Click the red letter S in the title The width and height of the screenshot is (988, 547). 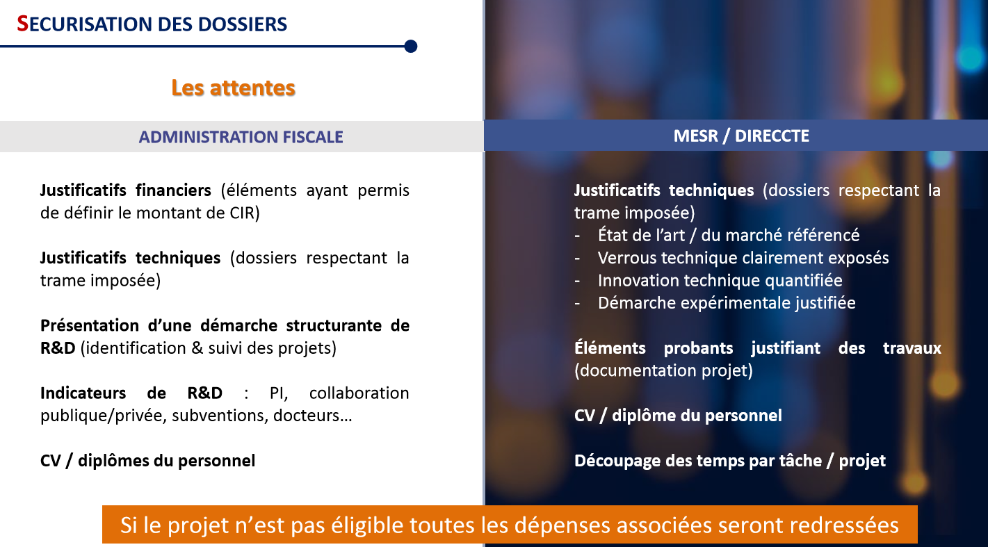(x=22, y=24)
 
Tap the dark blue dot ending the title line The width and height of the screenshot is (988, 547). (x=411, y=47)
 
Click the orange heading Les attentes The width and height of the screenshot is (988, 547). (x=234, y=88)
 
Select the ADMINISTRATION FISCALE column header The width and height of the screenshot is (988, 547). (x=241, y=137)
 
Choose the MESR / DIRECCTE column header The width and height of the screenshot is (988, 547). (x=741, y=136)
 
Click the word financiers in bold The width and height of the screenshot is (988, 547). (x=173, y=190)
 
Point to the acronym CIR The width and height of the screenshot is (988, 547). (x=242, y=213)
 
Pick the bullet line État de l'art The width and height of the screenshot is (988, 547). (x=729, y=236)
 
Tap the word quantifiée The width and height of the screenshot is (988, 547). (x=804, y=281)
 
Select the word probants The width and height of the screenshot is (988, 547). (x=698, y=348)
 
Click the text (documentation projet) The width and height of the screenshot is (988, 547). (x=663, y=370)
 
